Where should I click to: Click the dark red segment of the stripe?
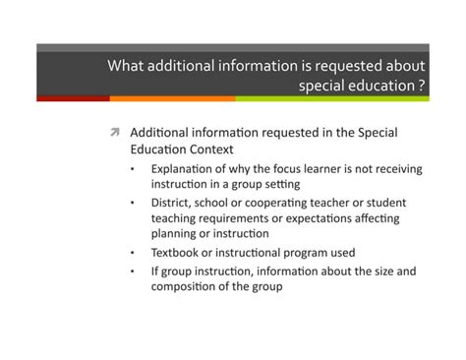73,98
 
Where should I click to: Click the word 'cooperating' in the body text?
281,203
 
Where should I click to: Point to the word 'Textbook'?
178,253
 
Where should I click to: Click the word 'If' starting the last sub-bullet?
155,270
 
